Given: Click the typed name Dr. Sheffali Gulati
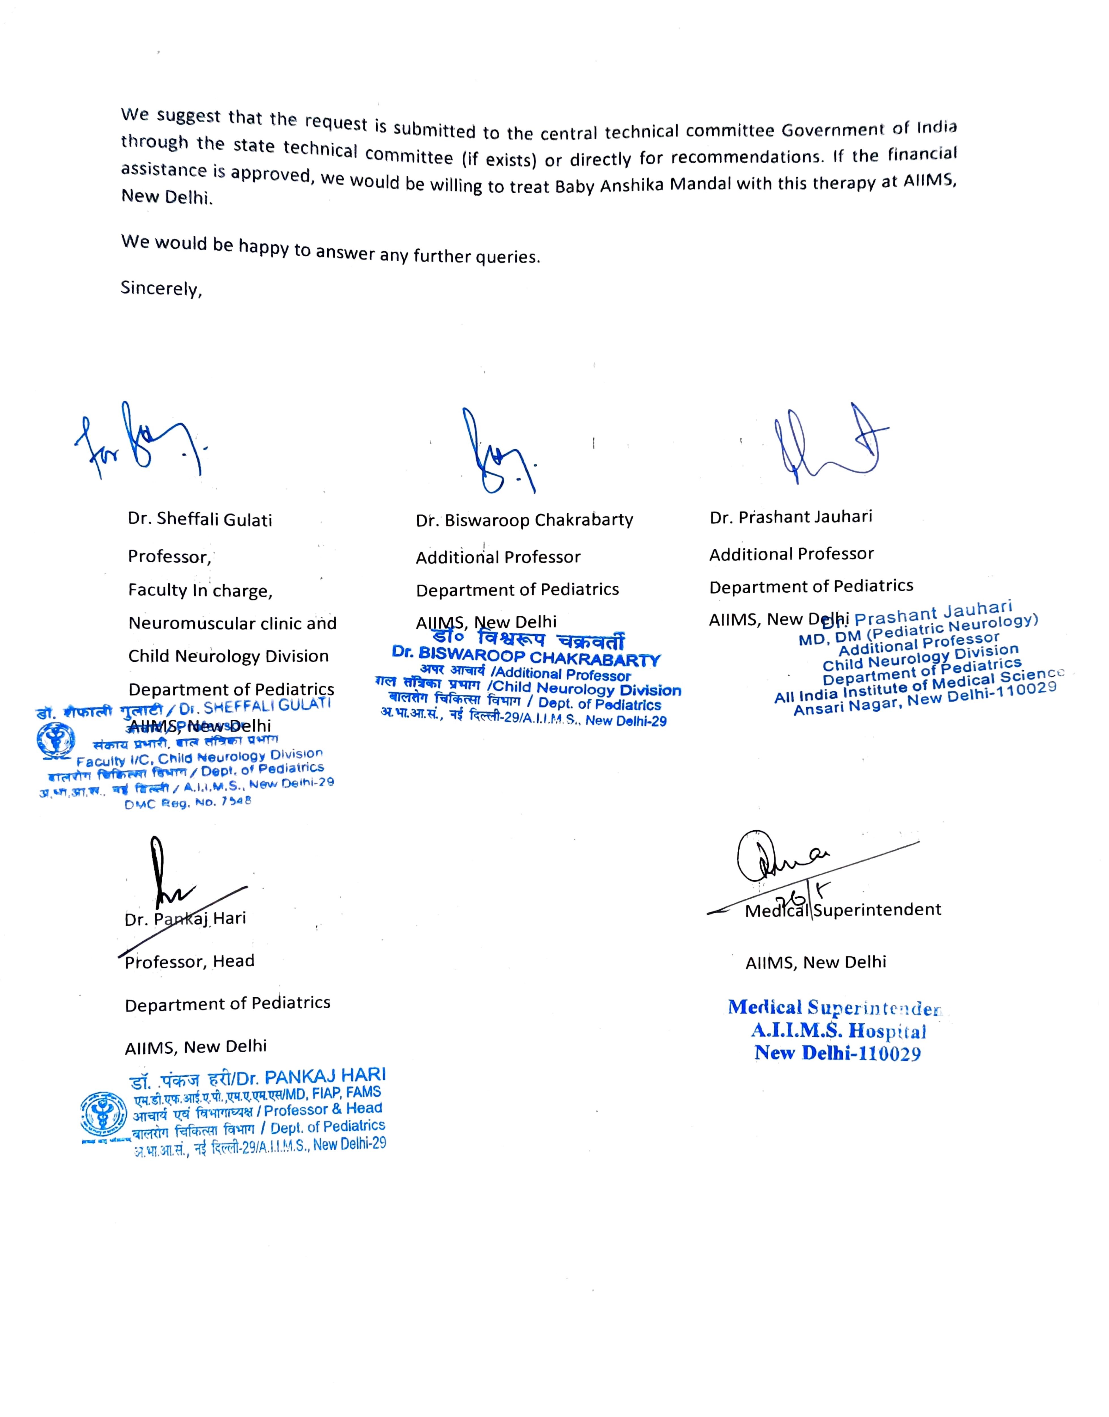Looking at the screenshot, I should click(200, 519).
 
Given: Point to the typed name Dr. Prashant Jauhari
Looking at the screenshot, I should click(791, 517).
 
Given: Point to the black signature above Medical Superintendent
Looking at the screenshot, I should click(779, 858).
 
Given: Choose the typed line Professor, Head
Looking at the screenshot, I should click(190, 961).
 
